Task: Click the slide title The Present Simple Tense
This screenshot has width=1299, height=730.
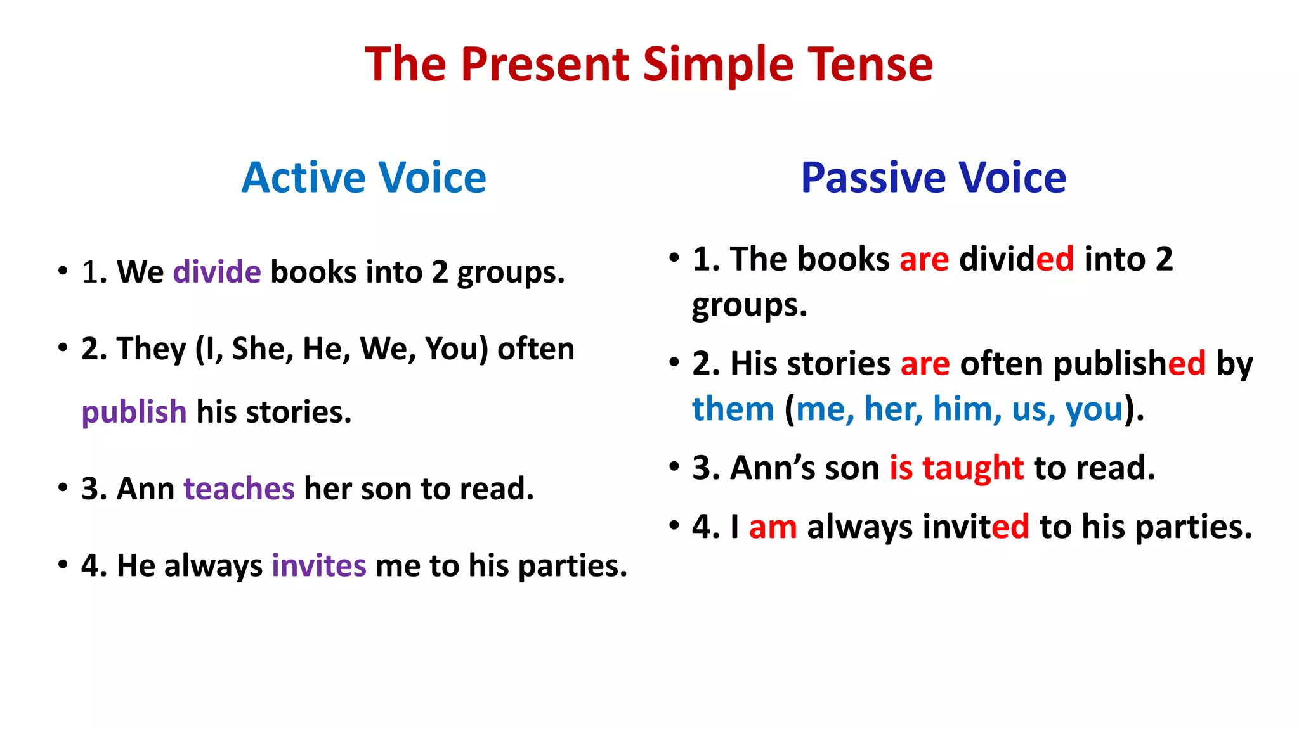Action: pyautogui.click(x=648, y=65)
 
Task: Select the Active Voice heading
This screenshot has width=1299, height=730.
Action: pyautogui.click(x=363, y=177)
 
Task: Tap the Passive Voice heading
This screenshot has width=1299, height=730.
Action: pyautogui.click(x=933, y=177)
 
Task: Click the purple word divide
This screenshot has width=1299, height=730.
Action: pyautogui.click(x=217, y=272)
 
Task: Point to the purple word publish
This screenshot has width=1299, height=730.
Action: pyautogui.click(x=134, y=412)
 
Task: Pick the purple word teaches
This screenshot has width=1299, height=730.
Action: pyautogui.click(x=239, y=489)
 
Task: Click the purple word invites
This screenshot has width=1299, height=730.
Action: pyautogui.click(x=318, y=565)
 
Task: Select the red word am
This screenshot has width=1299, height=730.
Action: pyautogui.click(x=773, y=527)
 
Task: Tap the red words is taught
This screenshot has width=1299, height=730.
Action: pyautogui.click(x=956, y=468)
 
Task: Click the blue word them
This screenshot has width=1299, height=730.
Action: pyautogui.click(x=733, y=409)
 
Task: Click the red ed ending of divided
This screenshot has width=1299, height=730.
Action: pyautogui.click(x=1055, y=259)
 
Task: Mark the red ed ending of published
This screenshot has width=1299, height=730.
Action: pyautogui.click(x=1186, y=364)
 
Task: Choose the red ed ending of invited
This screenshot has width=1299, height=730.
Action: pyautogui.click(x=1010, y=527)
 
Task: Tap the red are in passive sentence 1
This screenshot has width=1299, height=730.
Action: pyautogui.click(x=924, y=259)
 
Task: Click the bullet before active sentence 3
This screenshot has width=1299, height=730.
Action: pyautogui.click(x=62, y=488)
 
